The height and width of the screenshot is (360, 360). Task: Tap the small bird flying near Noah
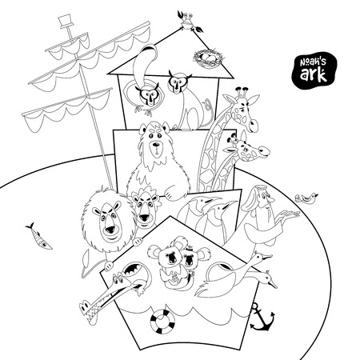tap(305, 197)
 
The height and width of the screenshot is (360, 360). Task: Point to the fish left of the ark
tap(36, 237)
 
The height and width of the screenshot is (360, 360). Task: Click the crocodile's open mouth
tap(130, 282)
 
